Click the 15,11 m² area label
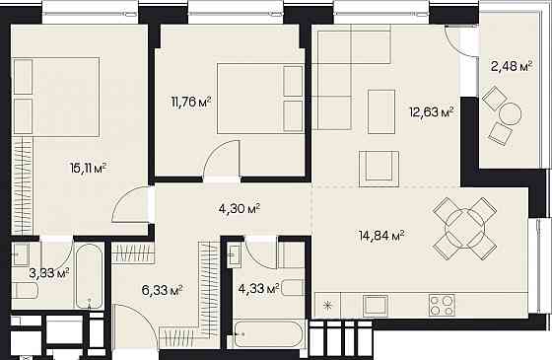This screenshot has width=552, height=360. tap(88, 169)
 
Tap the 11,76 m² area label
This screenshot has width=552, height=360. tap(191, 103)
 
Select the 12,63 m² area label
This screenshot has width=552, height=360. tap(431, 112)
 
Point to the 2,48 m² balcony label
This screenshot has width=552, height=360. tap(512, 65)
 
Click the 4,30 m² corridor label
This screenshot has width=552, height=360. tap(240, 209)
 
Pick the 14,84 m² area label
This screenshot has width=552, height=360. tap(381, 235)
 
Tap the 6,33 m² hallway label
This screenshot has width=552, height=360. tap(162, 291)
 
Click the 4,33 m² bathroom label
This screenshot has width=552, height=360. tap(258, 289)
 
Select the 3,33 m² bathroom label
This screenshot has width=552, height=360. tap(49, 273)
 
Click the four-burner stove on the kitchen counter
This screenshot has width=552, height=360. tap(442, 305)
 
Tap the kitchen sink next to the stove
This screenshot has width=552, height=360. tap(376, 305)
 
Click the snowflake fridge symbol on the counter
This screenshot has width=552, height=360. tap(327, 306)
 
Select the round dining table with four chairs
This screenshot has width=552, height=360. tap(464, 229)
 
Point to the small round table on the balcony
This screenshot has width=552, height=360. tap(511, 113)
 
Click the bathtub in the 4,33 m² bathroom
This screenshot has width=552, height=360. tap(268, 334)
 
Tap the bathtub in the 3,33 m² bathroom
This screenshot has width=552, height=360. tap(89, 276)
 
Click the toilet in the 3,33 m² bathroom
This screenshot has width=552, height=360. tap(26, 290)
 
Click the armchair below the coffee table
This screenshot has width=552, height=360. tap(379, 169)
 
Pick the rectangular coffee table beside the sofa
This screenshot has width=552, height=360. tap(381, 111)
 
